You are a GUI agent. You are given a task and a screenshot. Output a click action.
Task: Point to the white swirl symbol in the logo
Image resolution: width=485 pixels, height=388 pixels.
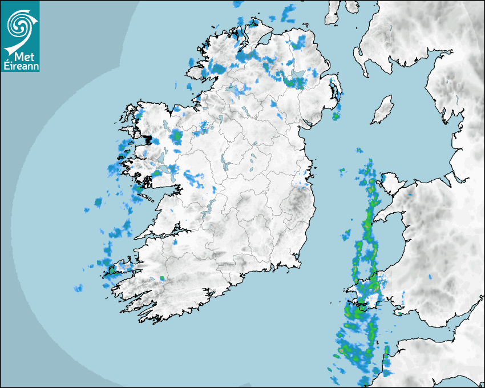pyautogui.click(x=19, y=25)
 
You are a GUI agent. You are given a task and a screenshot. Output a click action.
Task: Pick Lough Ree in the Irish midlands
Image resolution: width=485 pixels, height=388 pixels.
pyautogui.click(x=225, y=165)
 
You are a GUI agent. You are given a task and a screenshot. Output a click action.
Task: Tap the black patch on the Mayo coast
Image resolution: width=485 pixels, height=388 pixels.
pyautogui.click(x=149, y=140)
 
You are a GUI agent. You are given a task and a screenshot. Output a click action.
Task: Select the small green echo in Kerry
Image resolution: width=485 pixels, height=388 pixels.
pyautogui.click(x=162, y=278)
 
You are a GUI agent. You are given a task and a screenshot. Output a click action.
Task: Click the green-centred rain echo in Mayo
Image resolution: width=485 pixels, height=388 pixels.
pyautogui.click(x=176, y=137)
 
